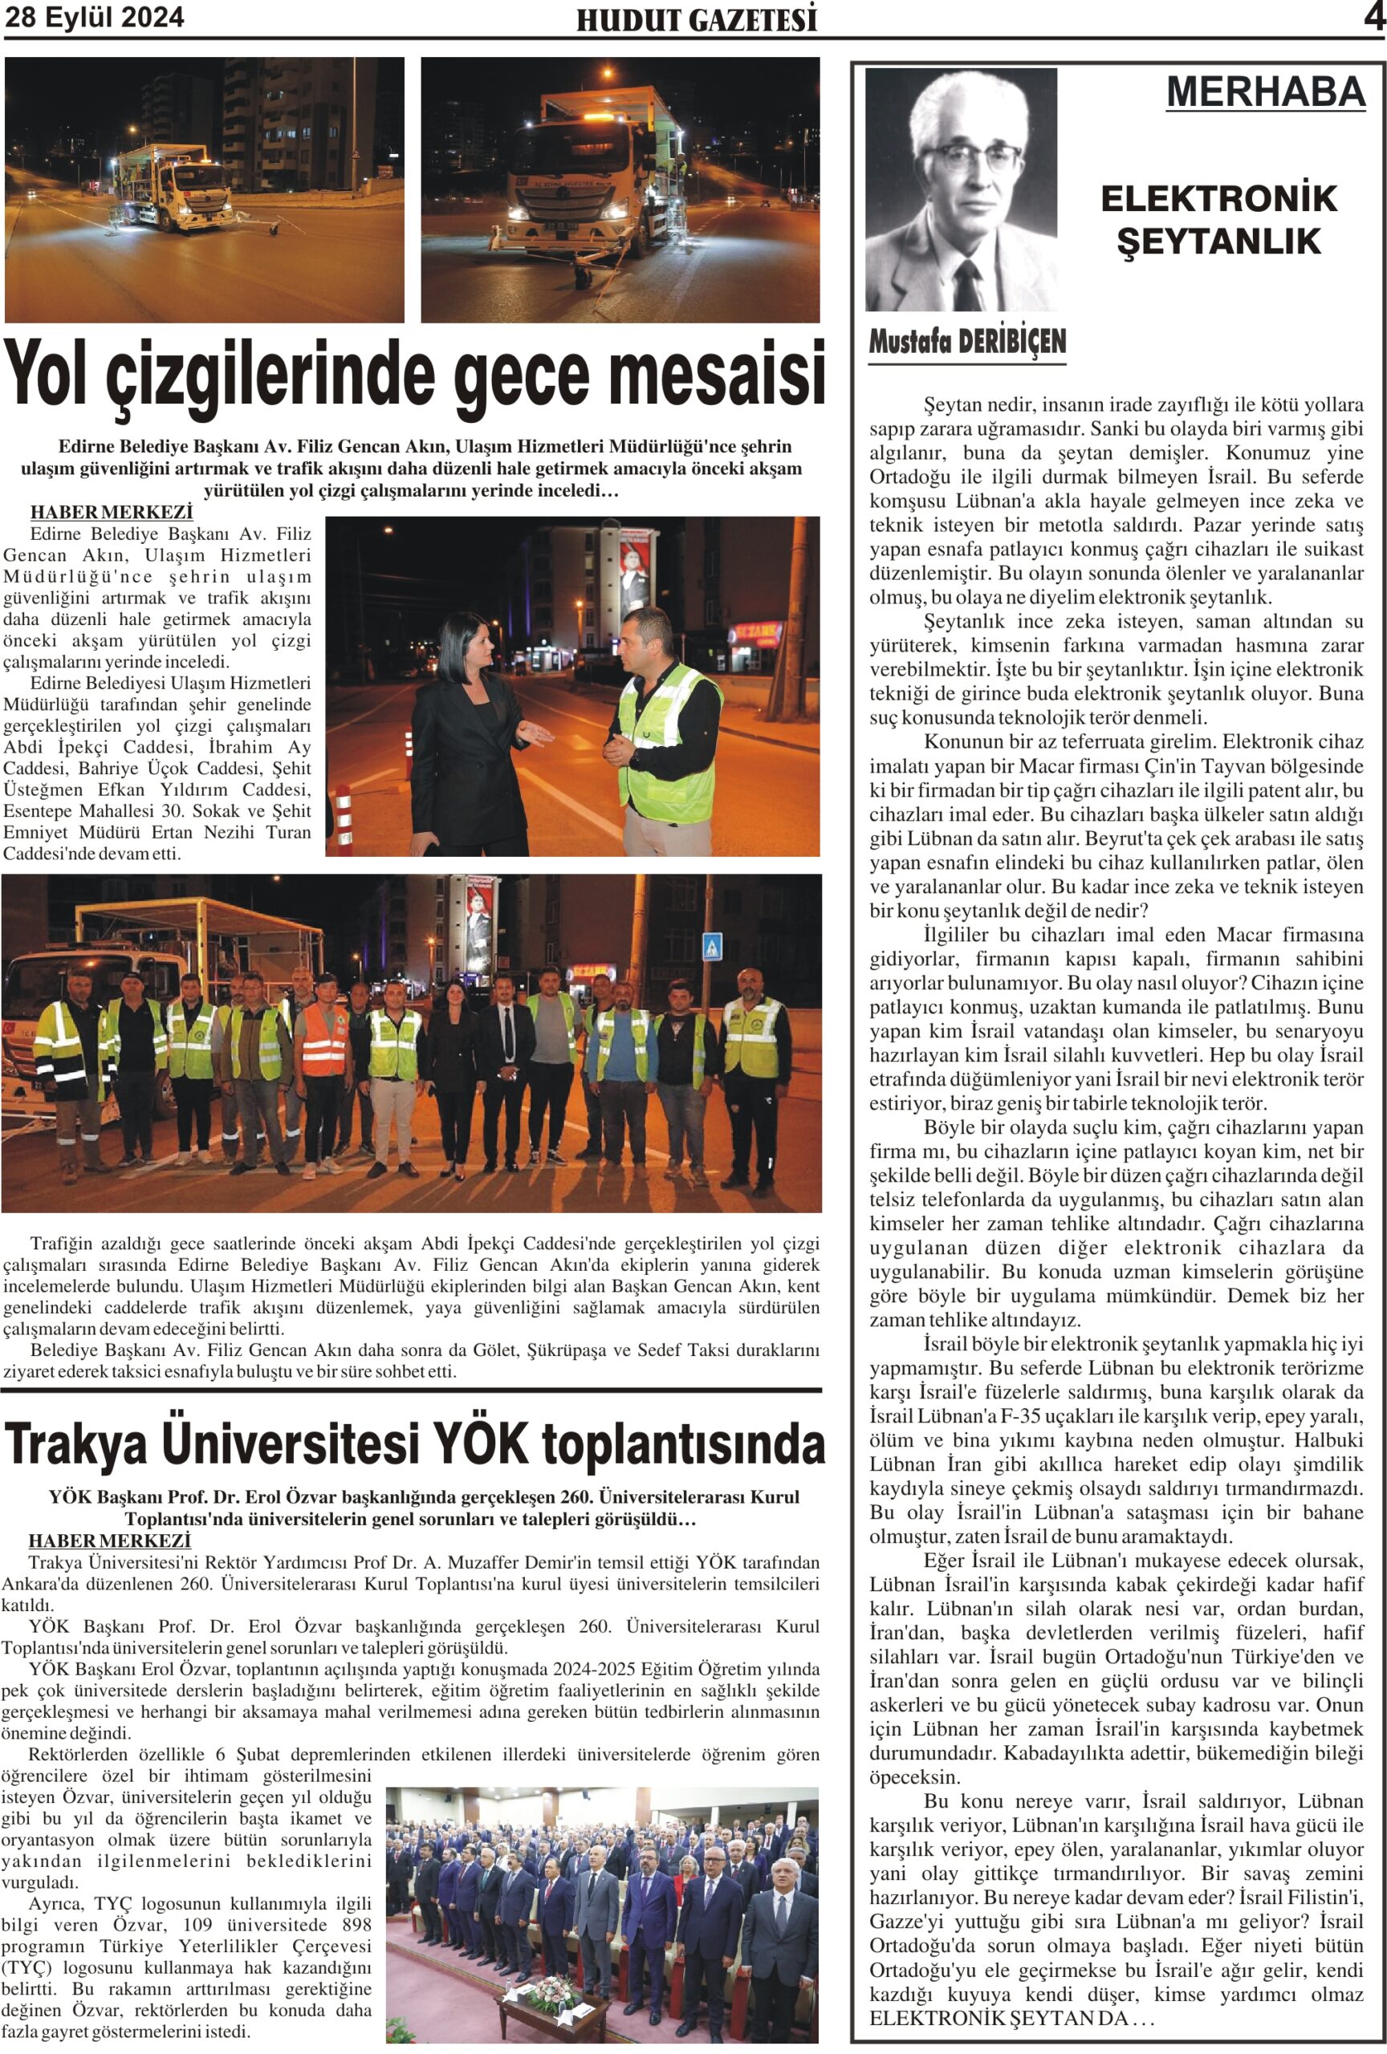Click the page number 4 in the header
click(x=1373, y=18)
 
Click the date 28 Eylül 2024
click(x=95, y=18)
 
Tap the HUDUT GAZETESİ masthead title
click(x=696, y=19)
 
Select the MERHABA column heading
click(x=1265, y=92)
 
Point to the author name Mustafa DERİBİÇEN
click(x=967, y=342)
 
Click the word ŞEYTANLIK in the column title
click(x=1218, y=242)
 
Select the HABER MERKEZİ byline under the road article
click(x=111, y=513)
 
